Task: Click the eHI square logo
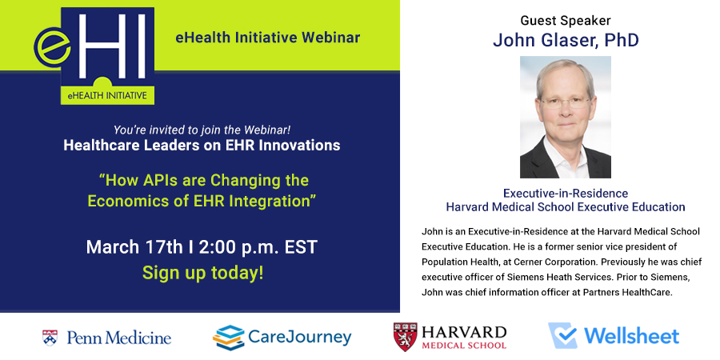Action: [x=94, y=55]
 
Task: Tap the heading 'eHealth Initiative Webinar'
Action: [x=268, y=38]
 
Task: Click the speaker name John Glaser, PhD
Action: [x=566, y=41]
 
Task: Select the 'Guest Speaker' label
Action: [x=566, y=20]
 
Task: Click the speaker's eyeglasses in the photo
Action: [x=566, y=103]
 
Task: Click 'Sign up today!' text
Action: [x=202, y=273]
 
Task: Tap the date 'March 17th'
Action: [x=134, y=247]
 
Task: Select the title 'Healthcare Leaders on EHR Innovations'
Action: [x=202, y=146]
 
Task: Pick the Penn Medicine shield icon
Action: [x=50, y=338]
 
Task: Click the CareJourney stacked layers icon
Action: [x=228, y=338]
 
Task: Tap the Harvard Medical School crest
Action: [x=406, y=337]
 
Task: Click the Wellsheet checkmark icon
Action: [x=563, y=336]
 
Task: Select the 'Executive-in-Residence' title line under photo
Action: [x=566, y=193]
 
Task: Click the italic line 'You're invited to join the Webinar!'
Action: [x=202, y=130]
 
